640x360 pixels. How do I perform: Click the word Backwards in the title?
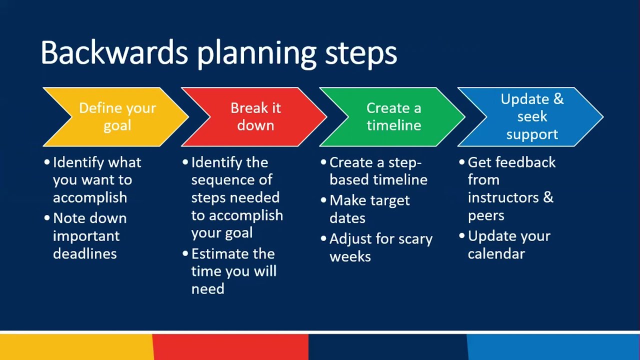tap(114, 53)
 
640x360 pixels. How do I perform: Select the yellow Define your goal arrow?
tap(116, 117)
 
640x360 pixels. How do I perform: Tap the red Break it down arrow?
tap(254, 117)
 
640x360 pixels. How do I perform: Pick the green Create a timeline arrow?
tap(393, 117)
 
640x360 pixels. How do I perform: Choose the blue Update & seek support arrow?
tap(531, 117)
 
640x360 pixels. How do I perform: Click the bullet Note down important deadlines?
tap(89, 236)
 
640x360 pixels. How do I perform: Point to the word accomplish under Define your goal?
tap(90, 198)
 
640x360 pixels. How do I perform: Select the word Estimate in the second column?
tap(220, 253)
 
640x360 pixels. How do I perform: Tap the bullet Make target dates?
tap(369, 209)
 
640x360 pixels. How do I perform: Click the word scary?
tap(413, 239)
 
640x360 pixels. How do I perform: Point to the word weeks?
tap(350, 257)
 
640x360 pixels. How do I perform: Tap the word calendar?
tap(496, 254)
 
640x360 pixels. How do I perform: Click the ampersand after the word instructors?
tap(547, 197)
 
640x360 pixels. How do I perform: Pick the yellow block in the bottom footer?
tap(75, 347)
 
